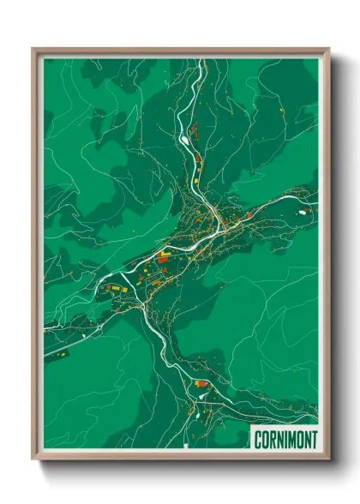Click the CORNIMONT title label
pos(285,440)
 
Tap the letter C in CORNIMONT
pos(258,440)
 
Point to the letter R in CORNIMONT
pos(271,440)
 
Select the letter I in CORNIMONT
pos(283,440)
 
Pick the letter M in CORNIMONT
pos(290,440)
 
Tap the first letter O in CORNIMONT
pos(264,440)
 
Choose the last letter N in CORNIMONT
pos(304,440)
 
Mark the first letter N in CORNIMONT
pos(278,440)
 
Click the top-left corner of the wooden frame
pos(33,49)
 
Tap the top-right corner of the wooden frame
pos(329,49)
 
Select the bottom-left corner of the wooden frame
pos(33,459)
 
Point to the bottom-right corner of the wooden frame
pos(329,459)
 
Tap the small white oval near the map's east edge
pos(303,209)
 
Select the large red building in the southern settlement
pos(201,384)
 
